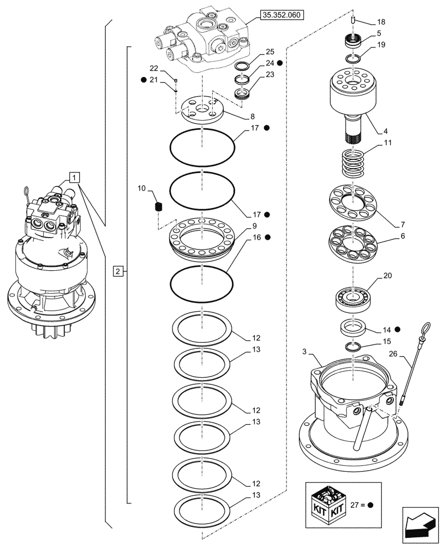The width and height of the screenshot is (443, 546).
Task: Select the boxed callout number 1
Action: (75, 176)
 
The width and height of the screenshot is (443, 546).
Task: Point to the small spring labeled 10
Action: (159, 207)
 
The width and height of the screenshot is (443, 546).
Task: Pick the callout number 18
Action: (381, 22)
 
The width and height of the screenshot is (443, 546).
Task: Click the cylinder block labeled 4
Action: (355, 93)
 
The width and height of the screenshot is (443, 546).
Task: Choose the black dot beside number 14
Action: (398, 329)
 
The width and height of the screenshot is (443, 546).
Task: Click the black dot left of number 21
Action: (143, 80)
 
